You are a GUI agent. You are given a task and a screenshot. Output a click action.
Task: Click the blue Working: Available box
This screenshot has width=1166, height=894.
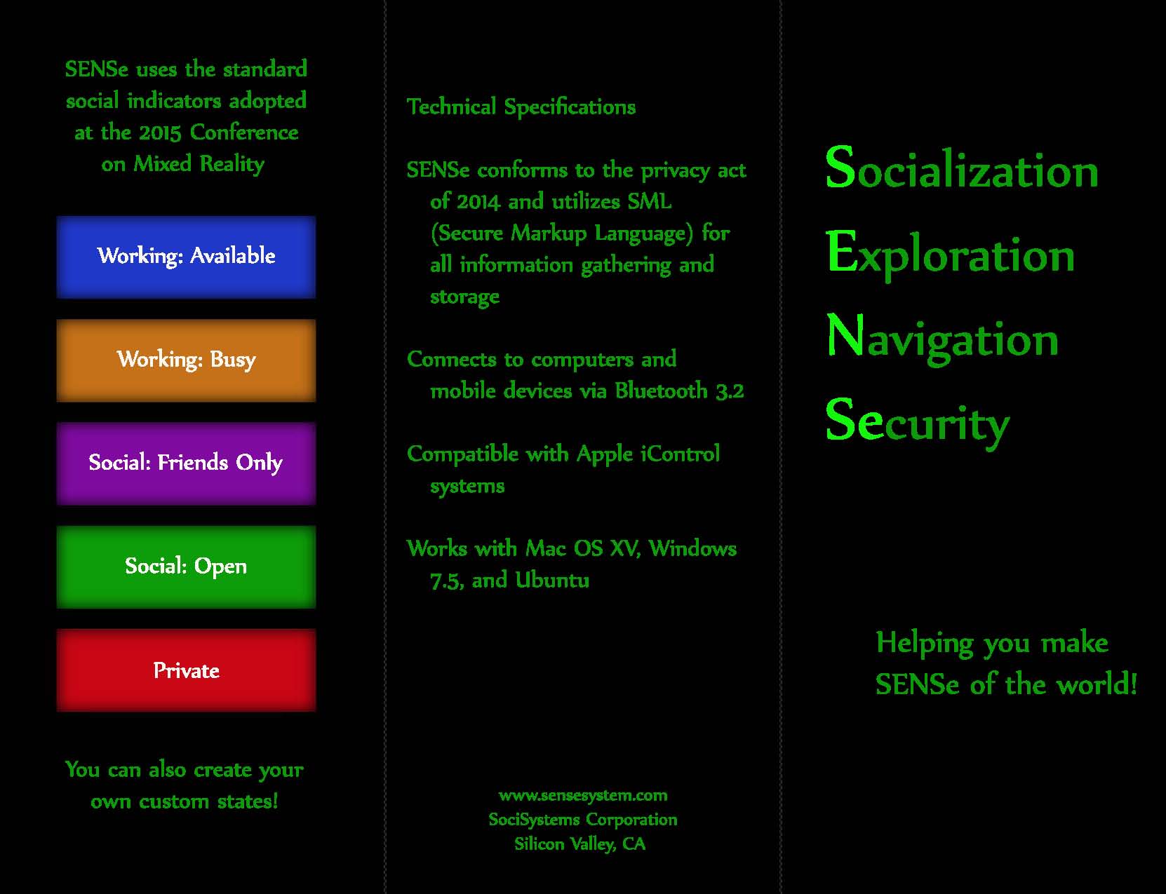186,257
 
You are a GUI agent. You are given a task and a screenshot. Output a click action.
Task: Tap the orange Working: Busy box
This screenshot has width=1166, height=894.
186,360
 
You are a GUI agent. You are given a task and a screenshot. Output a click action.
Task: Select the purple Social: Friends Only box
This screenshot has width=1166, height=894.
186,463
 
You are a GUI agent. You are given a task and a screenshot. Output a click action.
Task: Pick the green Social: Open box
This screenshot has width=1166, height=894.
186,567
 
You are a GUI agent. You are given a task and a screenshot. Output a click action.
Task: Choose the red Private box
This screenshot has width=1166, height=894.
186,670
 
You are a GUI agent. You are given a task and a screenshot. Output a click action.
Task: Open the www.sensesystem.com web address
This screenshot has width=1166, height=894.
583,795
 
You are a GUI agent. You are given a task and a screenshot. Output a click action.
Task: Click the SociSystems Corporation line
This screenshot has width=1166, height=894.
583,820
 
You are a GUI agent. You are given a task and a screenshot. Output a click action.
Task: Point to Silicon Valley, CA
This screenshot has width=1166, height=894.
580,844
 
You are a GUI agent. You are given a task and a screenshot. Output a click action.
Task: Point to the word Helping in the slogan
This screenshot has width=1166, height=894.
925,643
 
